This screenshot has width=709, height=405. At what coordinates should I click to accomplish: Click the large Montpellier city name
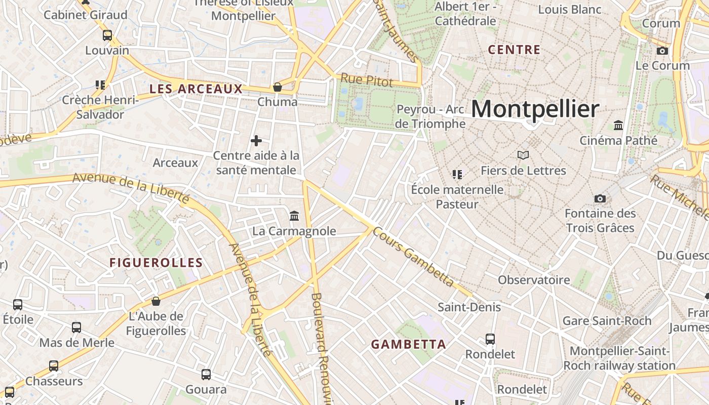point(535,109)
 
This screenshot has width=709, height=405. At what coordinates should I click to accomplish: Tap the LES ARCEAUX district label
point(196,89)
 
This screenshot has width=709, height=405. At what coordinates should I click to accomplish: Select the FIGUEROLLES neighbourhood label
point(156,263)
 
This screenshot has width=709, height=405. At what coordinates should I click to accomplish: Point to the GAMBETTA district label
point(409,345)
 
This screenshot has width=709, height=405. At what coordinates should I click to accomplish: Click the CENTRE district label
point(514,50)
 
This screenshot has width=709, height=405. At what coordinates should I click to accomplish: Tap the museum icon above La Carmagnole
point(294,216)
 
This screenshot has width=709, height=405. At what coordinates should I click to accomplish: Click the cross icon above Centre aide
point(256,141)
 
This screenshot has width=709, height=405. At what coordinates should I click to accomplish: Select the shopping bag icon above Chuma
point(278,87)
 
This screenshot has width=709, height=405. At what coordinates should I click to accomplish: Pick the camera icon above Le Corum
point(662,51)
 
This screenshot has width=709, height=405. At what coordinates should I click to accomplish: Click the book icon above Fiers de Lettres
point(523,155)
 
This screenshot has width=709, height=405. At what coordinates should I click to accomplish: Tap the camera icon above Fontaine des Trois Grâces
point(600,198)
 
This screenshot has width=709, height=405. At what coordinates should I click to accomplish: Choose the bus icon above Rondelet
point(490,339)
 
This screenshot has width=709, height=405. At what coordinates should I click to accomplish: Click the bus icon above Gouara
point(206,375)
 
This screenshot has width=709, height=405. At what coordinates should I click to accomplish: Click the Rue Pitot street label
point(367,79)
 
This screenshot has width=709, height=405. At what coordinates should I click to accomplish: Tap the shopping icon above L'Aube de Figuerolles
point(156,301)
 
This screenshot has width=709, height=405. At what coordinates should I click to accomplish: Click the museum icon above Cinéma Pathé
point(618,125)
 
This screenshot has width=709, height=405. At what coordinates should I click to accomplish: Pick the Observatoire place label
point(534,280)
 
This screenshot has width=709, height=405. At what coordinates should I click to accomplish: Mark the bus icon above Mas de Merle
point(76,328)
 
